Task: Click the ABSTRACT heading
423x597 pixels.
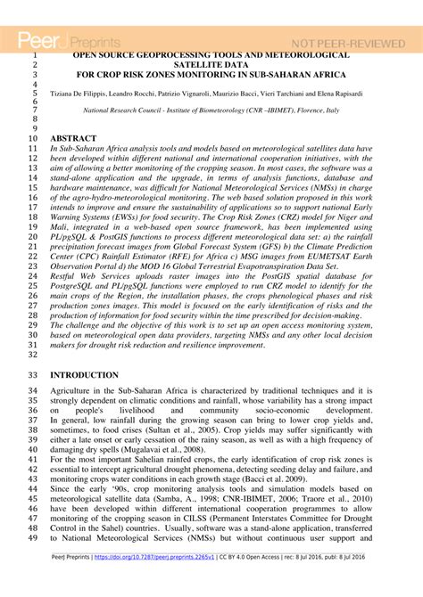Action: coord(74,139)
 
